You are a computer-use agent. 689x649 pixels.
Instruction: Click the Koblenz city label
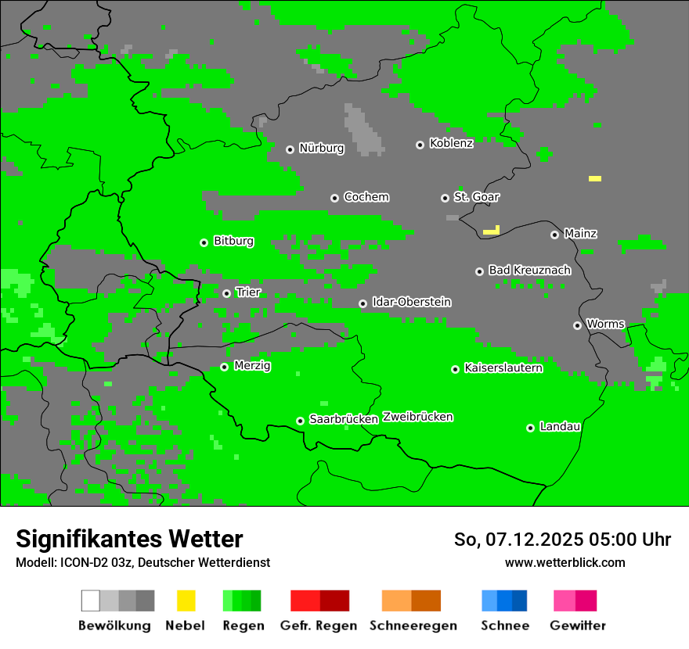[451, 143]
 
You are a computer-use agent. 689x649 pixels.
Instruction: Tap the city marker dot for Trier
[227, 293]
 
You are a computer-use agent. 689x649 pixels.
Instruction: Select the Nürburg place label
[321, 148]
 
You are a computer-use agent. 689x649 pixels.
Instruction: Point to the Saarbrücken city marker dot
[300, 421]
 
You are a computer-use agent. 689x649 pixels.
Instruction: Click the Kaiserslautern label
[503, 368]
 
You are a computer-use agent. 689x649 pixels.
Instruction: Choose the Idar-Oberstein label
[411, 302]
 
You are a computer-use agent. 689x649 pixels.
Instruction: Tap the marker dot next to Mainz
[554, 235]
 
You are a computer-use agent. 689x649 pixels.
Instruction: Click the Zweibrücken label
[417, 417]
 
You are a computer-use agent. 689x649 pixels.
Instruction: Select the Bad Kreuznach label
[529, 270]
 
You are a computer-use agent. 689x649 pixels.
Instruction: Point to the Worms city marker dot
[577, 325]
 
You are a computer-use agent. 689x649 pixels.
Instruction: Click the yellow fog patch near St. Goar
[492, 231]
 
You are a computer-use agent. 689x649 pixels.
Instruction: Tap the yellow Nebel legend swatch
[186, 601]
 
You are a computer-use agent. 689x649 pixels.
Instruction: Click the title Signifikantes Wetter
[129, 539]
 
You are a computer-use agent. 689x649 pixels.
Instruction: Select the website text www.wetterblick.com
[565, 562]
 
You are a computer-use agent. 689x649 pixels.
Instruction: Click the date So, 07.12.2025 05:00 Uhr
[562, 540]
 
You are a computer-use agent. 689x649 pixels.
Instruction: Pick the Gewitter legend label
[577, 626]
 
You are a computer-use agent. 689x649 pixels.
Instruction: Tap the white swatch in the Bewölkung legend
[91, 601]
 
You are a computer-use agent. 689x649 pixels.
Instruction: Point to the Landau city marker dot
[530, 428]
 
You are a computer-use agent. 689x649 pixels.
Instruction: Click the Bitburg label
[233, 241]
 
